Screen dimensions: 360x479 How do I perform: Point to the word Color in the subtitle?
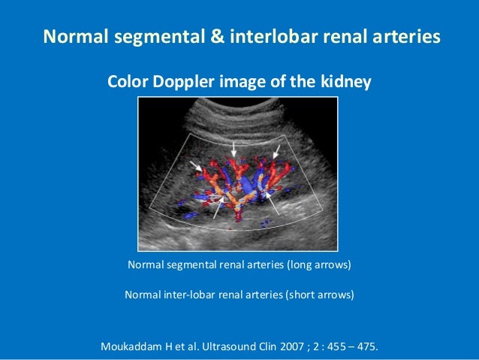[128, 82]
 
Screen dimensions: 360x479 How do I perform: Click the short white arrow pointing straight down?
[236, 149]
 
